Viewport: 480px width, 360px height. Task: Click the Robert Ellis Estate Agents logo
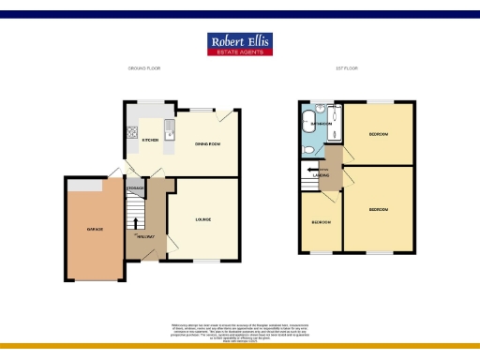coord(239,44)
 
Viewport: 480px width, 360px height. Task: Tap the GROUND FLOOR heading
coord(145,68)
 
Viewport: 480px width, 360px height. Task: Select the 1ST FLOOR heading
coord(347,68)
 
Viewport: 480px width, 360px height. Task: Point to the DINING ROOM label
coord(207,143)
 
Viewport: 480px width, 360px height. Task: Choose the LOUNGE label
coord(202,219)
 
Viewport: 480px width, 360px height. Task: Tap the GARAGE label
coord(95,229)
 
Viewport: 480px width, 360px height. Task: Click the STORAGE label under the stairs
coord(135,188)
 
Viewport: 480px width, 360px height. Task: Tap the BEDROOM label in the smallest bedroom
coord(321,222)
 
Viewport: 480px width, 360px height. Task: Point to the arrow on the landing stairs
coord(310,172)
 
